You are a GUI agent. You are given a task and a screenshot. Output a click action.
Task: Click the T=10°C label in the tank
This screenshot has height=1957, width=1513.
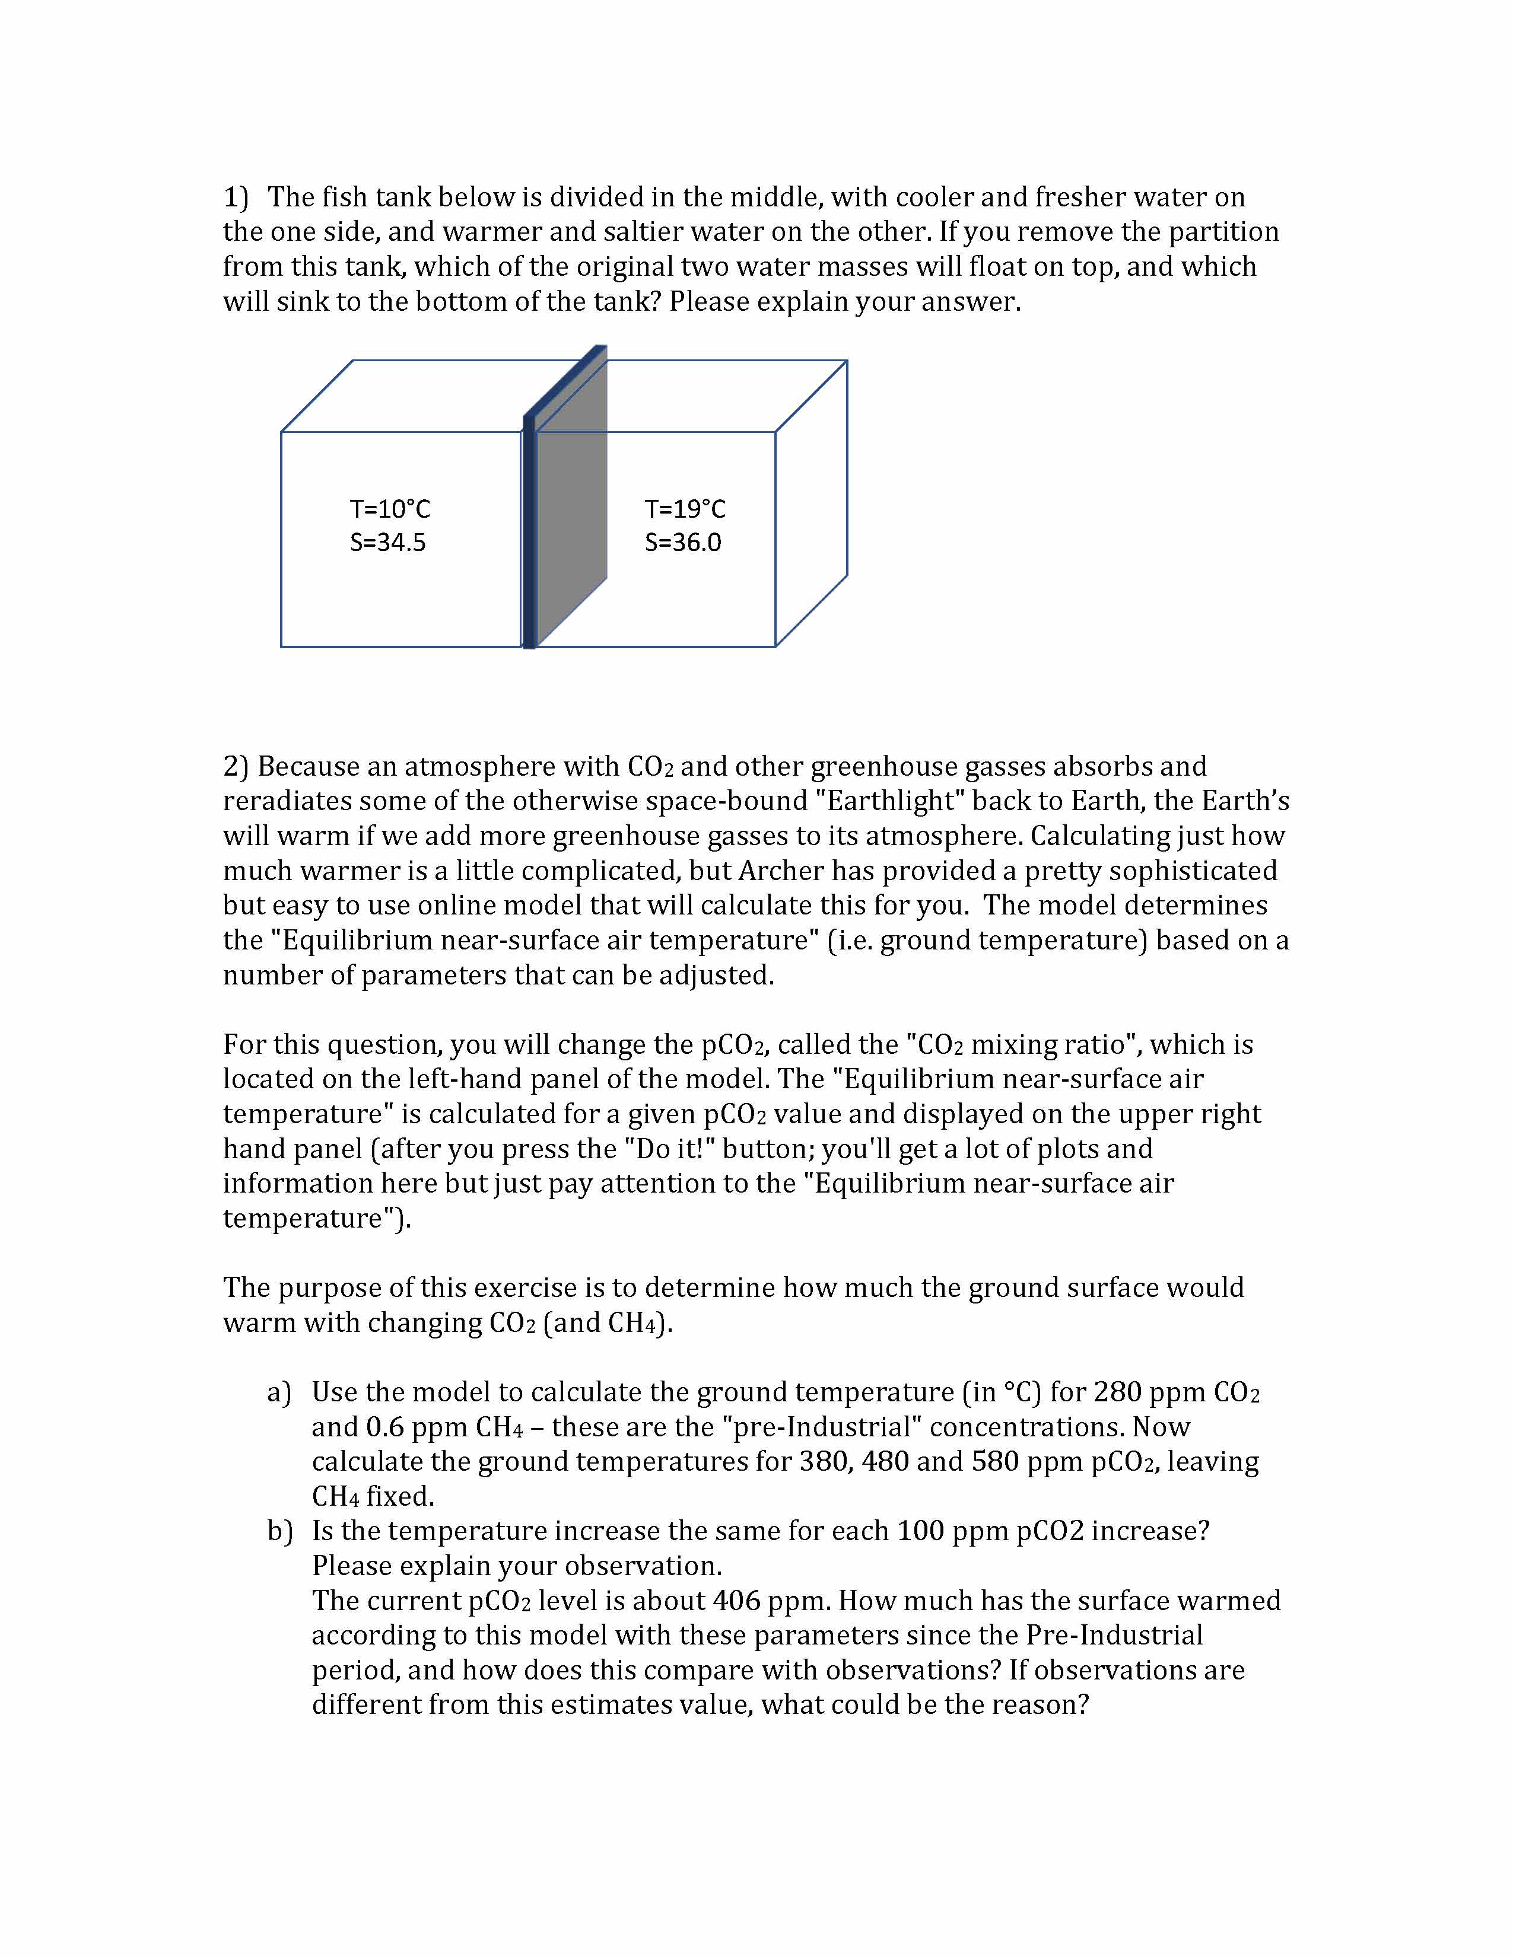[x=390, y=509]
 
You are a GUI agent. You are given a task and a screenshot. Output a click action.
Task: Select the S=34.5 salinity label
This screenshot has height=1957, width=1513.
[x=387, y=542]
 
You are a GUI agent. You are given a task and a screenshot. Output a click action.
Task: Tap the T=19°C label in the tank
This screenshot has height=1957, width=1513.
[x=685, y=509]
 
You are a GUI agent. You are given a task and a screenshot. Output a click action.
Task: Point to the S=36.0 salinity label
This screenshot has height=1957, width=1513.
[x=683, y=542]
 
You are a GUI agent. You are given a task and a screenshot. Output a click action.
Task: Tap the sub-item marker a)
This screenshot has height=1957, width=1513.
[x=279, y=1392]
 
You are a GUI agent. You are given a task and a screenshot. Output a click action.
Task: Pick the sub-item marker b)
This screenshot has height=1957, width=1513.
[x=279, y=1531]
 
